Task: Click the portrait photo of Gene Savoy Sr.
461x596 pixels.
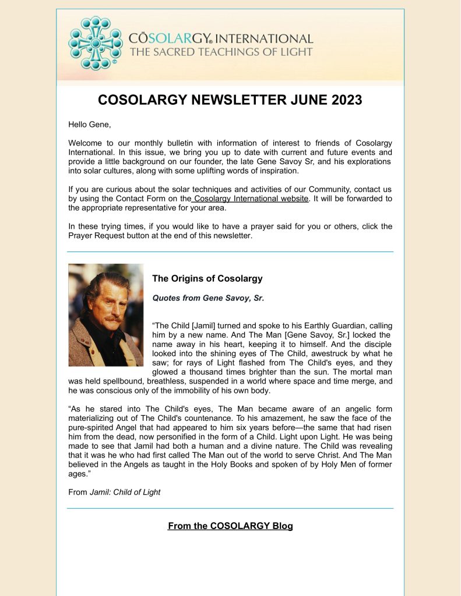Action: click(105, 315)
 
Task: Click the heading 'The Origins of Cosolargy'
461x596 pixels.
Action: click(207, 279)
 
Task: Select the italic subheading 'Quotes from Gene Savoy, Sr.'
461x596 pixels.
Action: click(208, 298)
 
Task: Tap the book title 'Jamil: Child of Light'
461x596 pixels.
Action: click(125, 492)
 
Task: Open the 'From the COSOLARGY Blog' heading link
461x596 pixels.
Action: click(230, 526)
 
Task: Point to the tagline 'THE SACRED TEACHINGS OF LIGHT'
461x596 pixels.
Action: click(221, 52)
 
